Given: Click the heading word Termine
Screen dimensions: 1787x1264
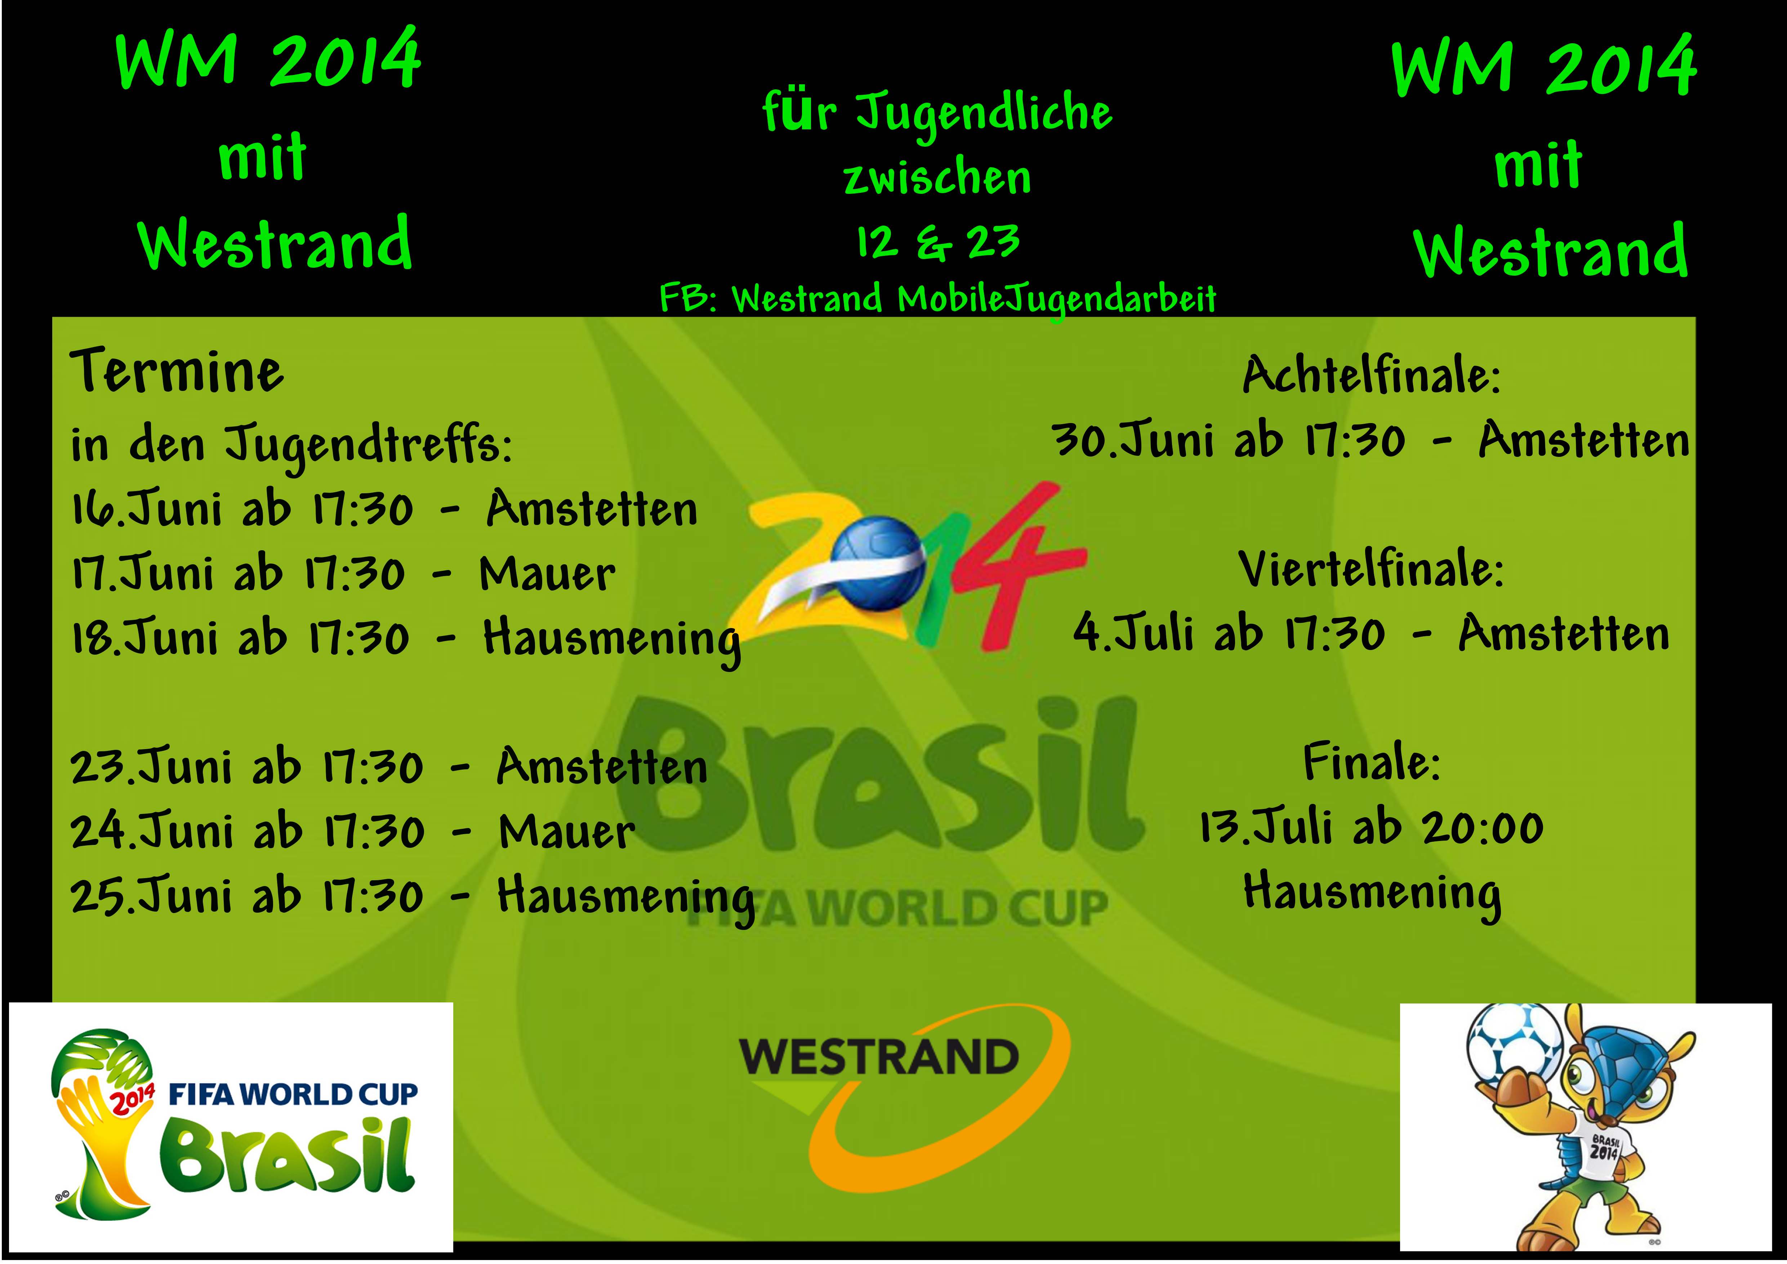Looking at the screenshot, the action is [178, 372].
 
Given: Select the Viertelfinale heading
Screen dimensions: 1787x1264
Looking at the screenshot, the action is [1371, 570].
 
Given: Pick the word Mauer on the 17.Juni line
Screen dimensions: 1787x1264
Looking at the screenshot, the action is [547, 574].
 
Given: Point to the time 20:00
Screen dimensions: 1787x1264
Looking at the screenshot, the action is [1483, 828].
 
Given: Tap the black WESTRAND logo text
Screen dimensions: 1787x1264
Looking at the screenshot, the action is [879, 1057].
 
